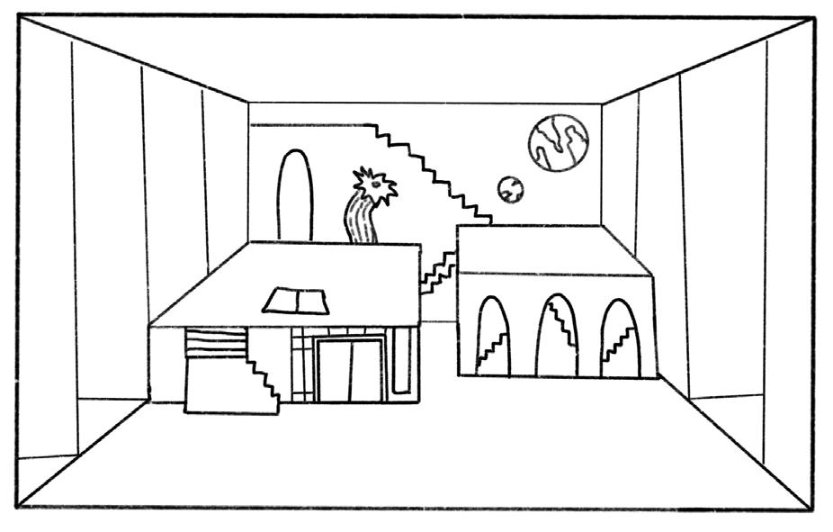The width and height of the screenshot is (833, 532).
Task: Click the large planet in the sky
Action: pyautogui.click(x=559, y=142)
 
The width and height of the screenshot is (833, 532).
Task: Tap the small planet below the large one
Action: pyautogui.click(x=511, y=189)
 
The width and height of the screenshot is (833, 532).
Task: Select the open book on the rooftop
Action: pyautogui.click(x=296, y=301)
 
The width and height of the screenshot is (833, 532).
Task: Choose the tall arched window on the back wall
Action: pyautogui.click(x=294, y=195)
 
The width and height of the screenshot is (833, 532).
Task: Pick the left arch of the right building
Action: pyautogui.click(x=492, y=338)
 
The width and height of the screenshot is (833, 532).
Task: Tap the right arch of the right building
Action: pyautogui.click(x=621, y=338)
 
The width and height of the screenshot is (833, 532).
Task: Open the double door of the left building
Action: pyautogui.click(x=350, y=369)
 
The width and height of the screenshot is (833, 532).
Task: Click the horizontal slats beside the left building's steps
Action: pyautogui.click(x=215, y=343)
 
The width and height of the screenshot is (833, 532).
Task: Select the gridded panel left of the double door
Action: pyautogui.click(x=302, y=365)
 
